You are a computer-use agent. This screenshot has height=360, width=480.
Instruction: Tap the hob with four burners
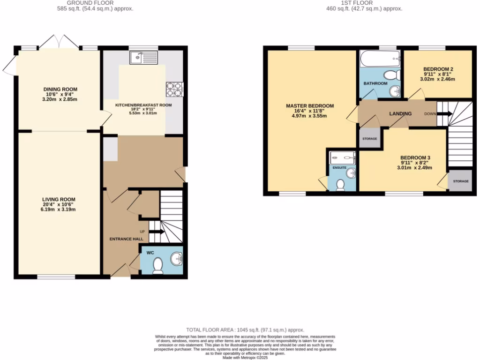click(170, 89)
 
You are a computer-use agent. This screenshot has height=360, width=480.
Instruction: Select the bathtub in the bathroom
click(380, 59)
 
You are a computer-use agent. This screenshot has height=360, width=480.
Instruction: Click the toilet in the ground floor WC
click(157, 265)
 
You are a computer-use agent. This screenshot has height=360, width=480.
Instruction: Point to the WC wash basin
click(177, 258)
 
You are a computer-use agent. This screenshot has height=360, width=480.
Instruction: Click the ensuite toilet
click(341, 185)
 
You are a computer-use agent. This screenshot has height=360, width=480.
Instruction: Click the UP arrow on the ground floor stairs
click(156, 232)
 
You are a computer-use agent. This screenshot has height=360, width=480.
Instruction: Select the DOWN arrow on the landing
click(444, 113)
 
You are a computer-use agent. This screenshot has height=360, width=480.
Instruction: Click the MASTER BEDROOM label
click(310, 106)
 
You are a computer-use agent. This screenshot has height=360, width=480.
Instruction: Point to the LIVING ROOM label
click(60, 199)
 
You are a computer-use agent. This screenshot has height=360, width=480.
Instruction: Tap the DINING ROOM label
click(60, 89)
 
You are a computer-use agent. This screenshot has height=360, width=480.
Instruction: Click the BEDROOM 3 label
click(415, 157)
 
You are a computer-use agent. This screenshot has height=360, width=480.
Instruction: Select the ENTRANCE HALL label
click(126, 239)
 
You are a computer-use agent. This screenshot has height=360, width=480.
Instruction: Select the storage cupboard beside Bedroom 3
click(460, 181)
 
